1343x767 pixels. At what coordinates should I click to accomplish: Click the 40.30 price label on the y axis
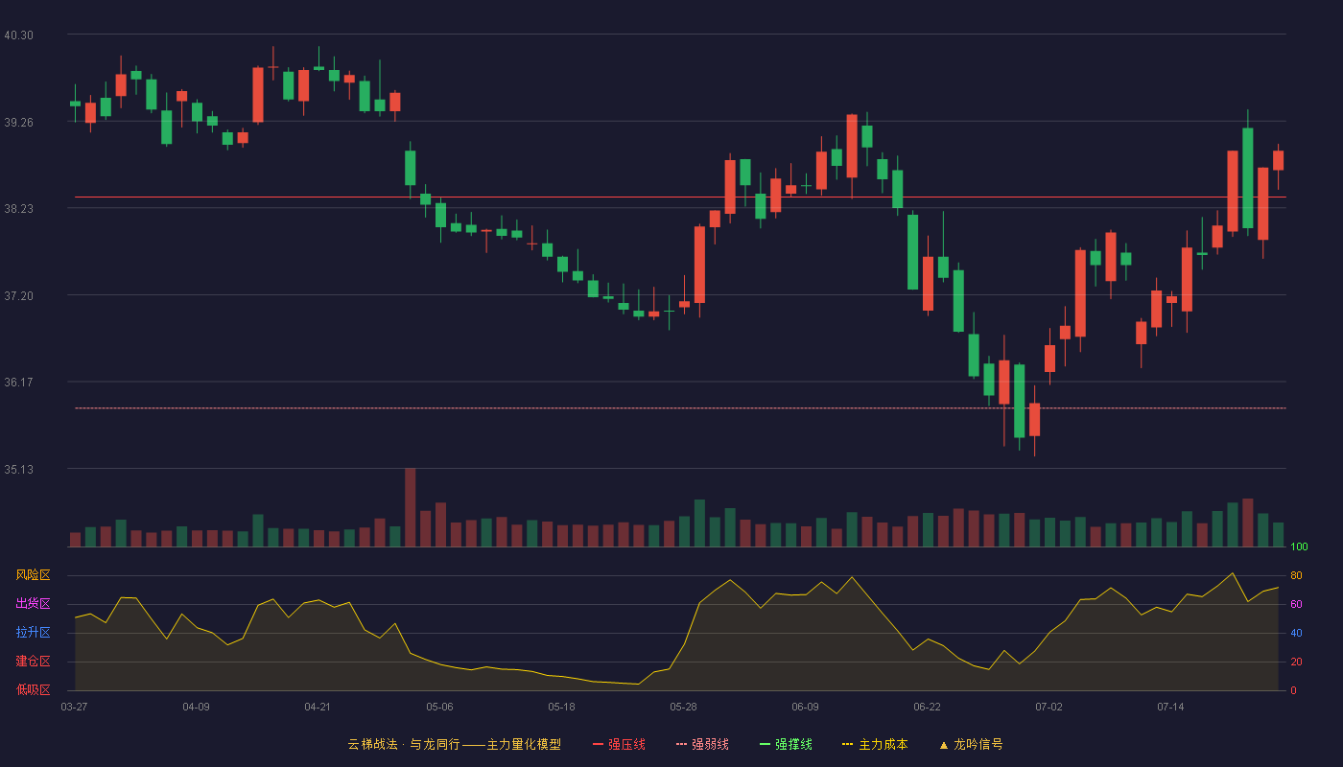click(18, 35)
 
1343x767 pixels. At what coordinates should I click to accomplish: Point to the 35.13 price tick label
click(18, 469)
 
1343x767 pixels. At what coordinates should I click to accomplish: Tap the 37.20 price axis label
click(18, 296)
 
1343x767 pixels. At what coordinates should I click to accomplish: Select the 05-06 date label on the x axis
click(439, 708)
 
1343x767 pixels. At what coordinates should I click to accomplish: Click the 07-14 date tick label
click(1170, 708)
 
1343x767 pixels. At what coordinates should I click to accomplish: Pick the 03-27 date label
click(75, 708)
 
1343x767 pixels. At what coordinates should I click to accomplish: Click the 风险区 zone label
click(33, 575)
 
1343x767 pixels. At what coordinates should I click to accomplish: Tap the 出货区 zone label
click(33, 603)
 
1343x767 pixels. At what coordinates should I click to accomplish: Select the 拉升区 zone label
click(33, 632)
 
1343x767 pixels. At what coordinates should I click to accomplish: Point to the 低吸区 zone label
click(33, 689)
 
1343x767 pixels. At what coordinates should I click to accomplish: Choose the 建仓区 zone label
click(33, 661)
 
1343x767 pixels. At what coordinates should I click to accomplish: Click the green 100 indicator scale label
click(1299, 546)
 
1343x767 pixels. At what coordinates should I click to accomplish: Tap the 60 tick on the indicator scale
click(1296, 604)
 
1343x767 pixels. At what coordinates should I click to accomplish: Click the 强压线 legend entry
click(619, 744)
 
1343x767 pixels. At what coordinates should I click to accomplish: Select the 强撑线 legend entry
click(786, 744)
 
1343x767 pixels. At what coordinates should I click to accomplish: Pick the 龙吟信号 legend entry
click(971, 744)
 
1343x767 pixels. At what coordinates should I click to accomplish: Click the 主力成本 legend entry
click(875, 744)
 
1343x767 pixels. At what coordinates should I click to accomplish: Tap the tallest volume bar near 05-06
click(411, 507)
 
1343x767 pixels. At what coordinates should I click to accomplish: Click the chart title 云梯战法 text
click(372, 744)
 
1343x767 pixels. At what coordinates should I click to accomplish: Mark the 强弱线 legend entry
click(702, 744)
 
